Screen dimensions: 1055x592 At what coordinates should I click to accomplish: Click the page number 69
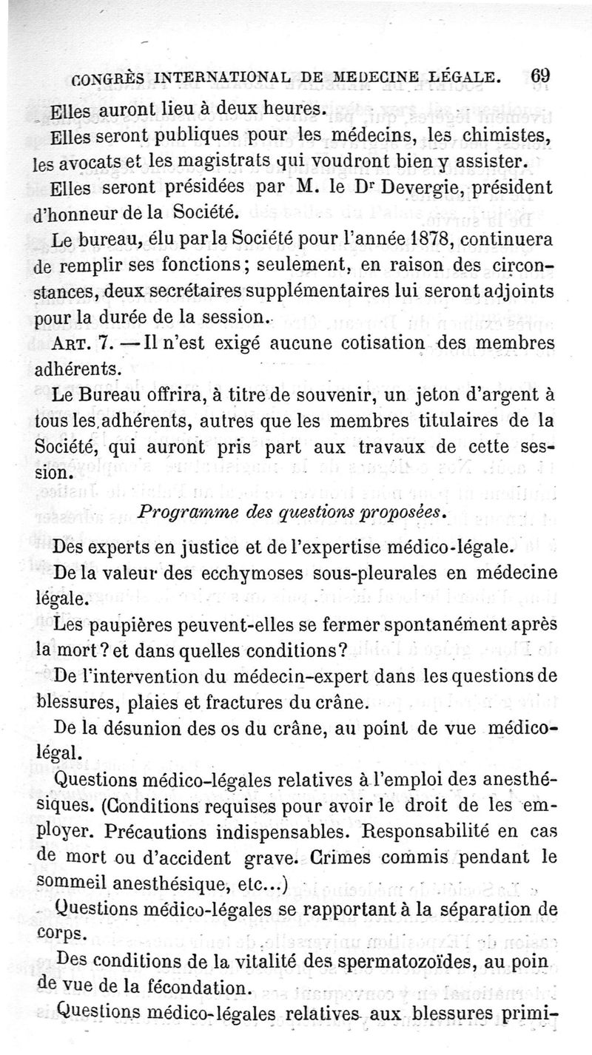[541, 75]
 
